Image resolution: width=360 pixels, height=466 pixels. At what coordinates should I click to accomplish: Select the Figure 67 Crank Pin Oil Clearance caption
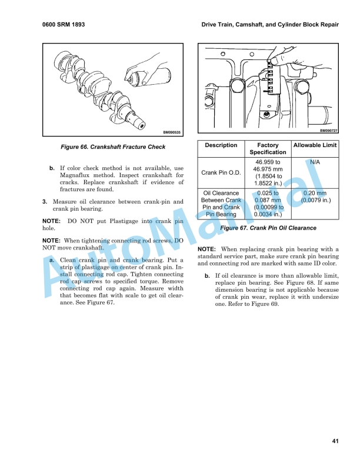(x=268, y=228)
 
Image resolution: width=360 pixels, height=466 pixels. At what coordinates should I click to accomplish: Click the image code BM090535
(x=171, y=132)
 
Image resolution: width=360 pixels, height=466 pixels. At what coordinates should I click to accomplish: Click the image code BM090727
(x=328, y=130)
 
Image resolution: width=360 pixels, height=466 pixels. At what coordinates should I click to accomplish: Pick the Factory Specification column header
(x=268, y=149)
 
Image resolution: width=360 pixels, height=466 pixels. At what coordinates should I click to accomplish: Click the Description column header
(x=221, y=145)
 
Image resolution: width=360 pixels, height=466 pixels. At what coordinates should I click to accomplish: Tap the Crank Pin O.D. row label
(x=221, y=173)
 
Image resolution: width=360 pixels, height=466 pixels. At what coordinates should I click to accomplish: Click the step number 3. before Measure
(x=45, y=202)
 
